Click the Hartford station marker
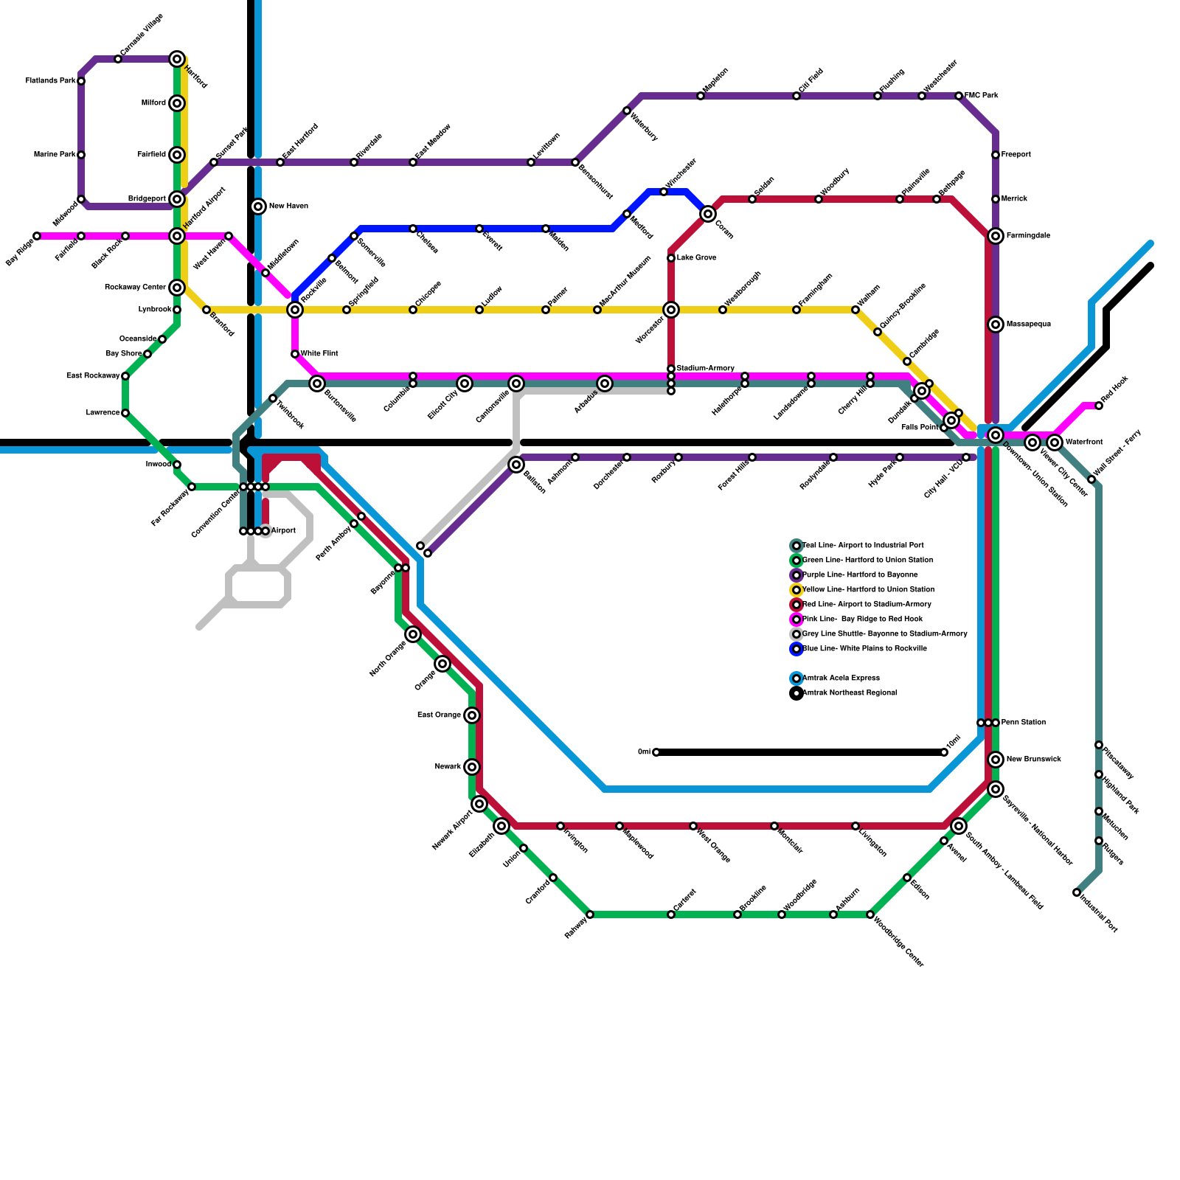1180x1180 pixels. tap(177, 59)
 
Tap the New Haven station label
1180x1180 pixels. tap(288, 206)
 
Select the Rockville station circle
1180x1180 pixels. tap(295, 310)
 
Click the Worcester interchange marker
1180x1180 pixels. tap(670, 310)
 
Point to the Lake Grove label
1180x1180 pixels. tap(696, 258)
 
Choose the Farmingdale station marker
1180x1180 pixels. tap(996, 236)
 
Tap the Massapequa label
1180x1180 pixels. tap(1028, 324)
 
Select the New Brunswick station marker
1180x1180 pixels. tap(996, 760)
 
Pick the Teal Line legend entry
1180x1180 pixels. tap(862, 546)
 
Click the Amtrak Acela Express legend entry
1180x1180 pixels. tap(840, 678)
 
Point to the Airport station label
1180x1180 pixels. tap(283, 531)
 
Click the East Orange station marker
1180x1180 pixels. tap(472, 715)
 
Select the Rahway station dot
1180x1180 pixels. tap(590, 914)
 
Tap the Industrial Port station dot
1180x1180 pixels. tap(1077, 892)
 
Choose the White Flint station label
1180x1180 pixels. tap(319, 354)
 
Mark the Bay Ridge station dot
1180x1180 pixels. tap(37, 236)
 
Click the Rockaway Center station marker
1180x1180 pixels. tap(177, 288)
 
